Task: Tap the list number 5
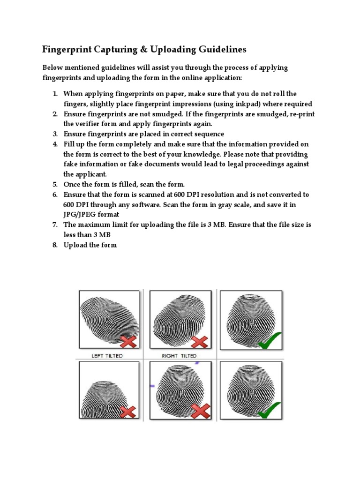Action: (x=55, y=184)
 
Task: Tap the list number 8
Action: (x=55, y=245)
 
